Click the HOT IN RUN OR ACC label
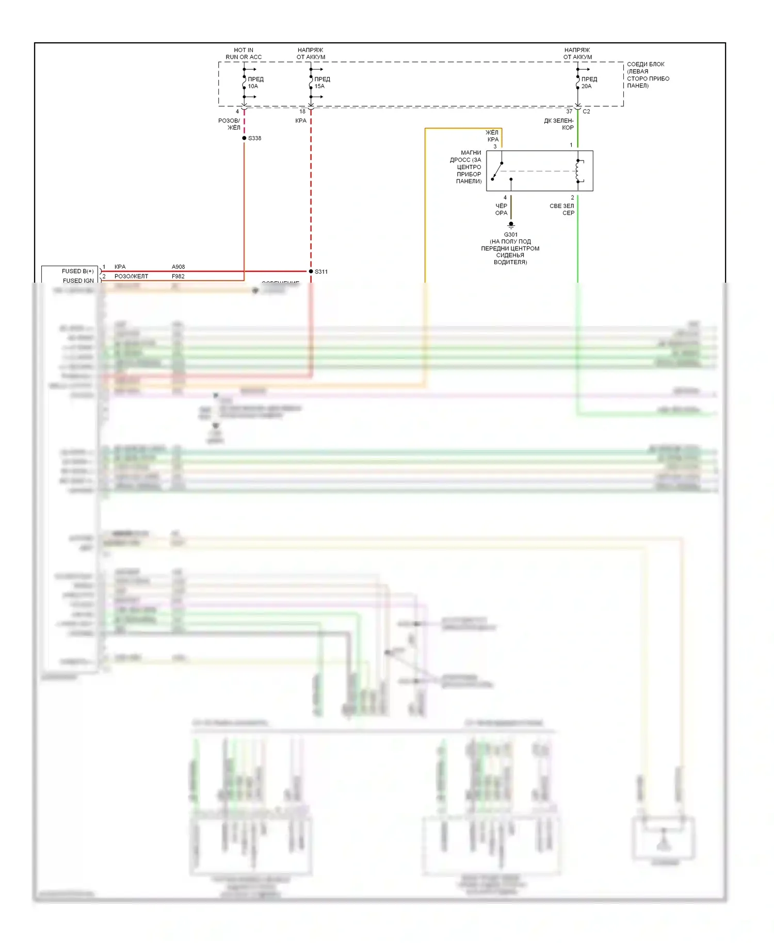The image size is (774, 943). point(244,54)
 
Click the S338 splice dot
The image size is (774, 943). point(244,138)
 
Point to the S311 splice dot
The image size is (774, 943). point(311,271)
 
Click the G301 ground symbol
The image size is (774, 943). point(511,225)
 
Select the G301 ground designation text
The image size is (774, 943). point(510,235)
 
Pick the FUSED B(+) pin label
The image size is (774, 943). point(77,271)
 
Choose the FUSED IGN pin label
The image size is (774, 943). point(78,281)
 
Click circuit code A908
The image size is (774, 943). point(178,267)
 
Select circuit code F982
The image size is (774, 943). point(178,277)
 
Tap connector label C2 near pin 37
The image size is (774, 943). point(586,111)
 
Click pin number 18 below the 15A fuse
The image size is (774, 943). point(302,111)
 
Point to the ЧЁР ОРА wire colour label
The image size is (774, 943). point(501,209)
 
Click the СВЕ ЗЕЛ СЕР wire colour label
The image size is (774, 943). point(562,209)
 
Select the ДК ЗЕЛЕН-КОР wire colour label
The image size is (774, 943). point(559,124)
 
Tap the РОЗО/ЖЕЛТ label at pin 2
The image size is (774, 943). point(131,277)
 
